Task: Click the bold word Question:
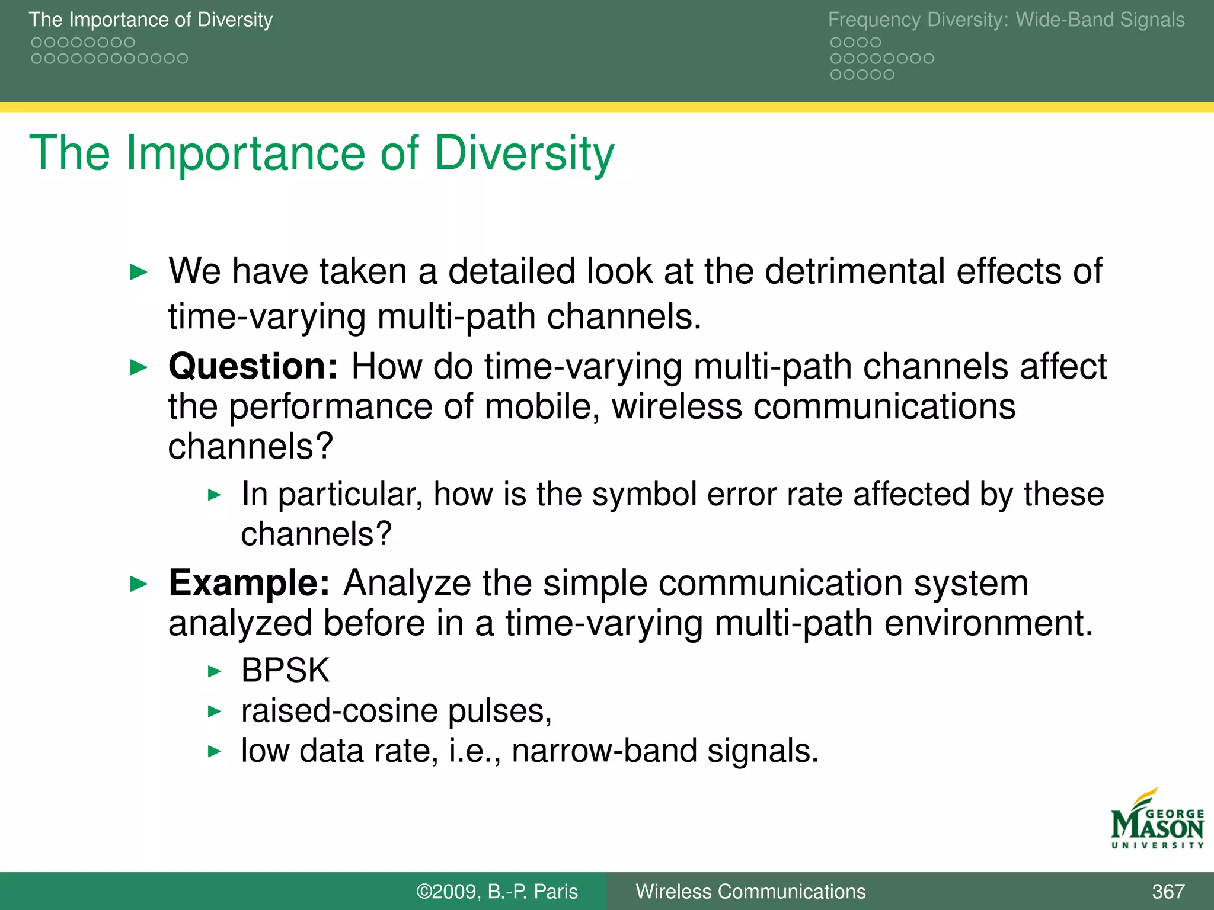pos(253,367)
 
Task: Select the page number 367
pos(1168,892)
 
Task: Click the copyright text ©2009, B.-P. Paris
pos(497,892)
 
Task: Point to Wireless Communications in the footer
pos(750,892)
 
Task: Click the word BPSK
pos(285,671)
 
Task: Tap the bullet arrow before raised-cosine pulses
pos(215,712)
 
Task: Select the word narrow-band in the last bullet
pos(604,751)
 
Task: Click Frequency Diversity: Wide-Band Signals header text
pos(1006,20)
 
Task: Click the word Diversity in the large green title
pos(525,153)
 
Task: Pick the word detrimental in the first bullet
pos(855,271)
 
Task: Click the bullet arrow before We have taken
pos(138,273)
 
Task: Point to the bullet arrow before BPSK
pos(215,672)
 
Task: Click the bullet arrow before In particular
pos(215,495)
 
